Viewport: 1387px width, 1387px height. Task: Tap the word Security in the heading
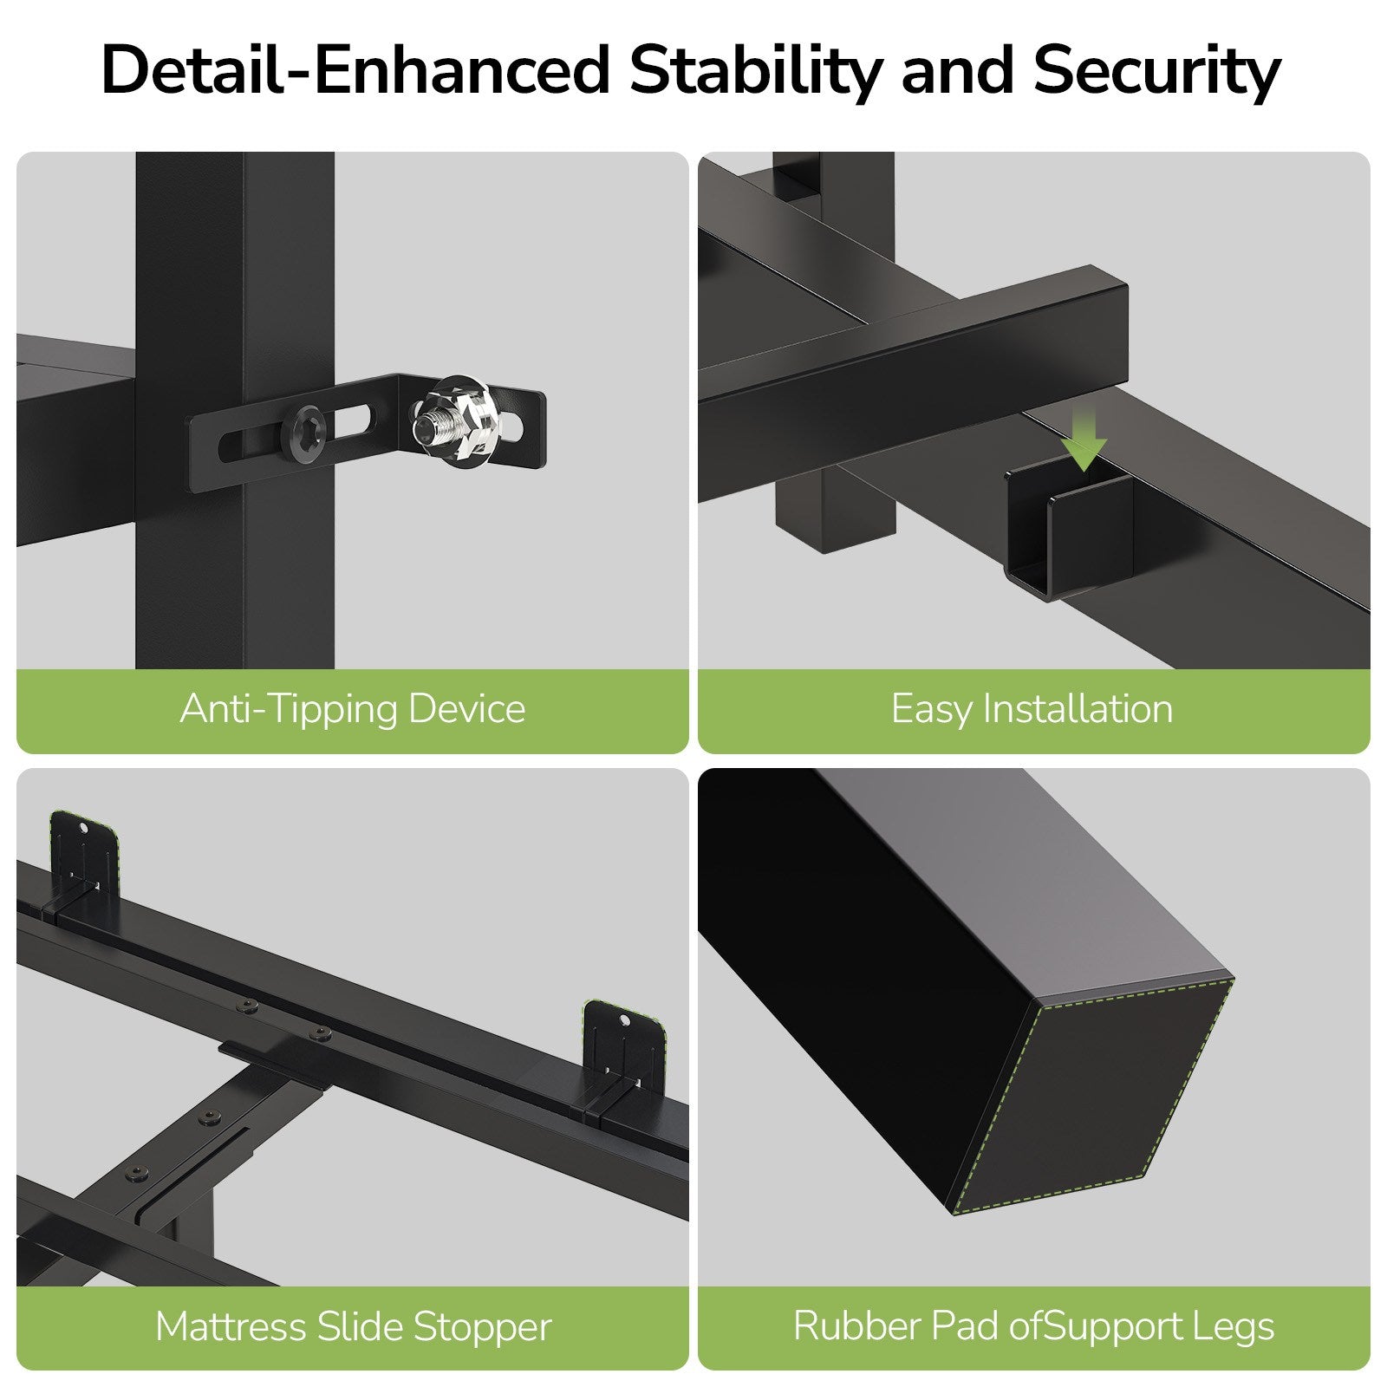click(x=1156, y=70)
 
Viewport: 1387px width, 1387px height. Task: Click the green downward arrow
click(x=1084, y=440)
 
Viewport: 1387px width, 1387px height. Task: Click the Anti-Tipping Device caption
click(x=353, y=709)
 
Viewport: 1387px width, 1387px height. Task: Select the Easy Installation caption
click(x=1032, y=709)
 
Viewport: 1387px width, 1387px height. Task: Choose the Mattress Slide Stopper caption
click(x=354, y=1326)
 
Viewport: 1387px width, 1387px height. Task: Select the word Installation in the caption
click(x=1078, y=709)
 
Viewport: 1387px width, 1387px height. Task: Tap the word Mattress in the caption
click(x=231, y=1326)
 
